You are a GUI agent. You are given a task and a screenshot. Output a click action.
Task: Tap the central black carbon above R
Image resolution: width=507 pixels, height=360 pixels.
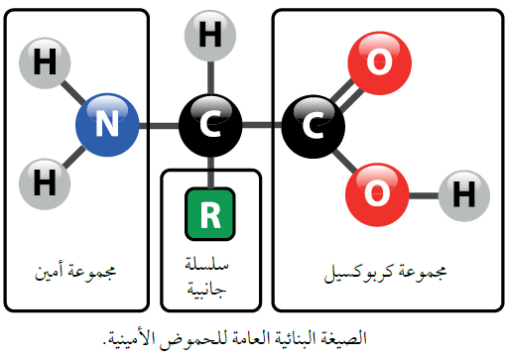pyautogui.click(x=210, y=125)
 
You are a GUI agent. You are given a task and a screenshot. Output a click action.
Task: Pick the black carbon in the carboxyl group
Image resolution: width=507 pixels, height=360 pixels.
pyautogui.click(x=312, y=125)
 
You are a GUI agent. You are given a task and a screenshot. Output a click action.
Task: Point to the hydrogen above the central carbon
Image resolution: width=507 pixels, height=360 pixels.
pyautogui.click(x=210, y=38)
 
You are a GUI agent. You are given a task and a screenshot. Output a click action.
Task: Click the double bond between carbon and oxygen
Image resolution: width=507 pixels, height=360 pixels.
pyautogui.click(x=344, y=94)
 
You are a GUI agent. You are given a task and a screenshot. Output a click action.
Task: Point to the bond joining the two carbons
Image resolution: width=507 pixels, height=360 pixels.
pyautogui.click(x=261, y=125)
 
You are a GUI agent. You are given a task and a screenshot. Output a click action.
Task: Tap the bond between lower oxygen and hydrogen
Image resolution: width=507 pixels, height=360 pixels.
pyautogui.click(x=421, y=190)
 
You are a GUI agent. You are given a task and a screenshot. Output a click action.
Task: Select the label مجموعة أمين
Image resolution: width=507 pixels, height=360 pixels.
pyautogui.click(x=75, y=269)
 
